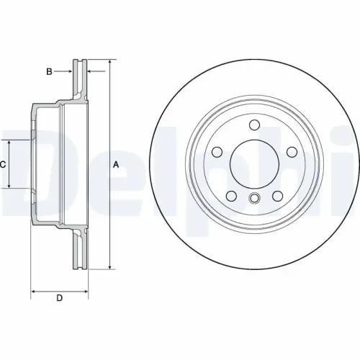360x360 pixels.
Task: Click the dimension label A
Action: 114,165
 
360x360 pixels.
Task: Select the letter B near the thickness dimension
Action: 49,71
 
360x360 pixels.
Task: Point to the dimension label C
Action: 4,165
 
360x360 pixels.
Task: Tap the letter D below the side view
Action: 60,298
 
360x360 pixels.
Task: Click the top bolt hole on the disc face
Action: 254,126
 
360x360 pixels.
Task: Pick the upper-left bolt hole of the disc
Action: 217,152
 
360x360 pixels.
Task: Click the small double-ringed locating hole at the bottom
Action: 254,199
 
